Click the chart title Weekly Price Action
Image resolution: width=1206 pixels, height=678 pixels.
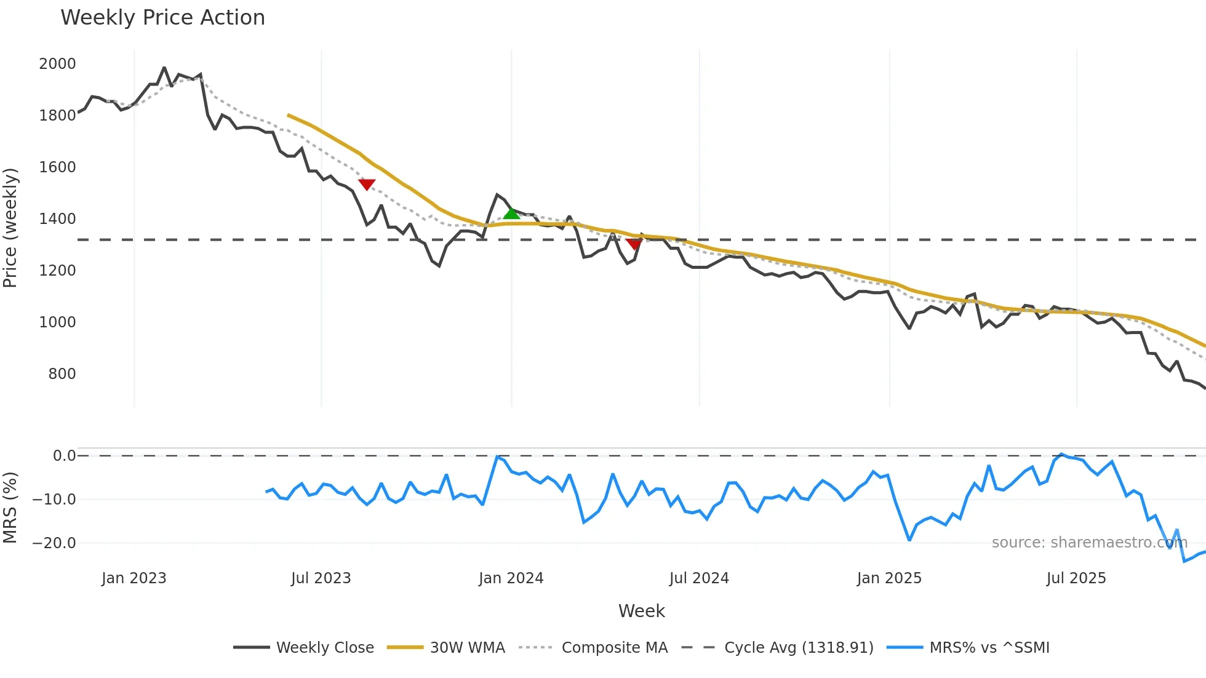coord(162,18)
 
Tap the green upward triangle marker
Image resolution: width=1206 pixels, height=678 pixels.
coord(511,213)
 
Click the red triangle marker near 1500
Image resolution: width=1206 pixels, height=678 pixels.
coord(367,185)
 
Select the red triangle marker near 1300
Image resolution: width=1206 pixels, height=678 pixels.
coord(634,244)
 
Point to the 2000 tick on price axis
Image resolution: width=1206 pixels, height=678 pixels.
coord(57,64)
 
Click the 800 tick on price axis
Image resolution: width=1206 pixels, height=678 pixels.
coord(62,374)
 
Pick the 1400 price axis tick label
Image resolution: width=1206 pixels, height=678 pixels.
coord(57,219)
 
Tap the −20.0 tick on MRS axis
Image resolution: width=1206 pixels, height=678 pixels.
coord(54,543)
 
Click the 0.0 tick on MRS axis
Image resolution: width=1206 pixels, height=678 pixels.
coord(64,456)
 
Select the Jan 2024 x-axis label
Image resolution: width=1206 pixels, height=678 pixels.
coord(511,578)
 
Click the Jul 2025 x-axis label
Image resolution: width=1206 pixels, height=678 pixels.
coord(1076,578)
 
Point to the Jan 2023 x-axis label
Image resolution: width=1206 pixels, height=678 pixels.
coord(134,578)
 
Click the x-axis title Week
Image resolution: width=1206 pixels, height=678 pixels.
coord(641,611)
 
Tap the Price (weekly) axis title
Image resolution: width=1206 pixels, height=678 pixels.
coord(10,228)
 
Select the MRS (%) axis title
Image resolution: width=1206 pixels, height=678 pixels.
coord(10,508)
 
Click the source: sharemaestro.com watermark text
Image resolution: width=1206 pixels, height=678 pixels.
coord(1089,543)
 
